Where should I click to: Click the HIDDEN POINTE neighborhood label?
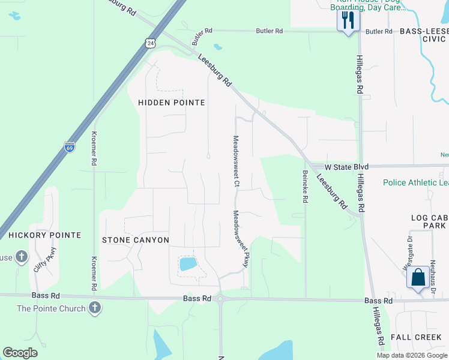pos(172,103)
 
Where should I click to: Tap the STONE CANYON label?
pos(135,240)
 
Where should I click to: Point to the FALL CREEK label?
pos(416,337)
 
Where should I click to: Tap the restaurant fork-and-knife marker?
pos(348,21)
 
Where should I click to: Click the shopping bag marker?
pos(418,278)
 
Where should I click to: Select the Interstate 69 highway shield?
pos(70,147)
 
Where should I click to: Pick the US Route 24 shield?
pos(149,43)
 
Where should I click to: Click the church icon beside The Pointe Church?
pos(94,308)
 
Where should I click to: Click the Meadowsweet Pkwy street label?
pos(241,238)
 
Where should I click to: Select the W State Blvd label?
pos(345,167)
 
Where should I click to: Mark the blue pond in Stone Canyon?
pos(187,263)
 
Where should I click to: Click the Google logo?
pos(20,353)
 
